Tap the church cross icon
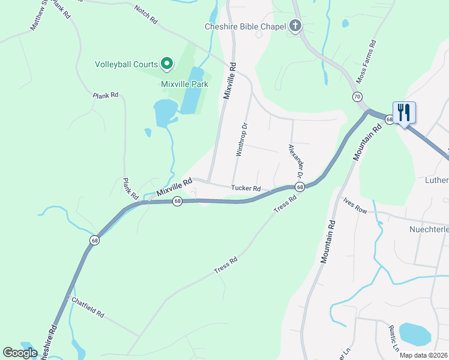[294, 26]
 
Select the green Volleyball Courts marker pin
[167, 64]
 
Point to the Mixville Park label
[184, 84]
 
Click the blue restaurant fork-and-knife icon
[404, 112]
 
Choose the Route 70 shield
[357, 97]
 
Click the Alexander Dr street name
[294, 161]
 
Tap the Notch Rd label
[145, 15]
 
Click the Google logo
[20, 353]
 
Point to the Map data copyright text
[423, 355]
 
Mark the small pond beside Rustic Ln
[414, 334]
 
